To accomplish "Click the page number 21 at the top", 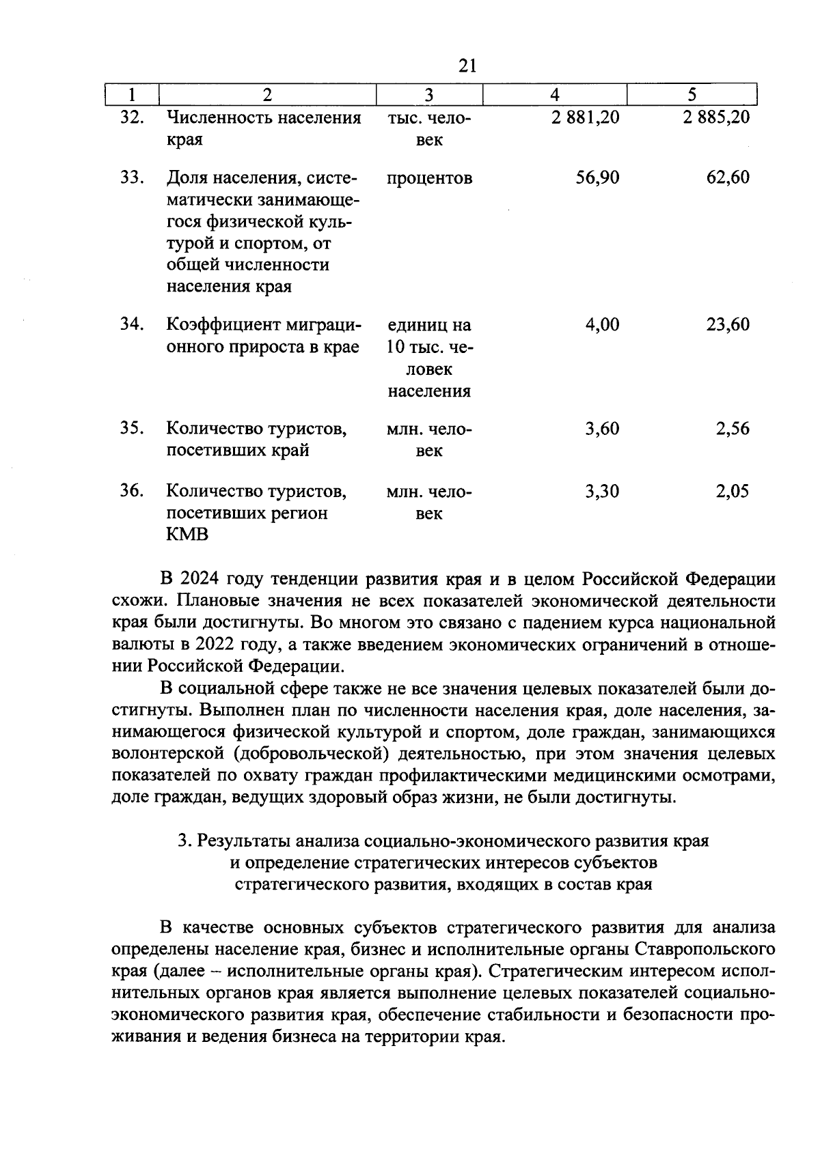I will [x=467, y=66].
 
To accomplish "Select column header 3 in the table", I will [x=429, y=95].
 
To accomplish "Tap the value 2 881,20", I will [x=586, y=117].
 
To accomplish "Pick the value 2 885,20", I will [x=715, y=117].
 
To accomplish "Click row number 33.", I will [x=131, y=178].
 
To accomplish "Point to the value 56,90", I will [x=597, y=178].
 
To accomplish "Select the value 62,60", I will [x=728, y=178].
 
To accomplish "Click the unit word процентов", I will [x=429, y=179].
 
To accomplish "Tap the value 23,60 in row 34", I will [x=728, y=324].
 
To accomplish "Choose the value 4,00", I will [x=602, y=324].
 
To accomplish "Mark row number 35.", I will [x=131, y=428].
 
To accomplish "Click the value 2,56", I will [x=733, y=429].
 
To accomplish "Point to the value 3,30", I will [x=602, y=491].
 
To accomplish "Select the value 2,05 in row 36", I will [x=733, y=491].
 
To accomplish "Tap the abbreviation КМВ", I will [x=187, y=535].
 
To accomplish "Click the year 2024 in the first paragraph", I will [x=200, y=579].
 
